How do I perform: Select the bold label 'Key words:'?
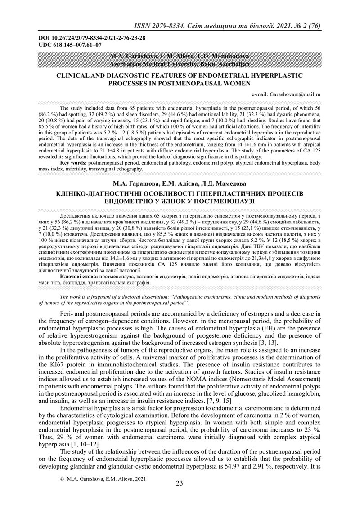click(x=74, y=161)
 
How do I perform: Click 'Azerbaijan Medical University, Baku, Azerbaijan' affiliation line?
click(x=180, y=64)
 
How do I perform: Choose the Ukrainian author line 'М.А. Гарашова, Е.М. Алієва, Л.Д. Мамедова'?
click(x=180, y=183)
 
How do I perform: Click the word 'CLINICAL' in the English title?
click(x=73, y=76)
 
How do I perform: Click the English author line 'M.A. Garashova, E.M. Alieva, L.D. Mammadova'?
click(x=180, y=57)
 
